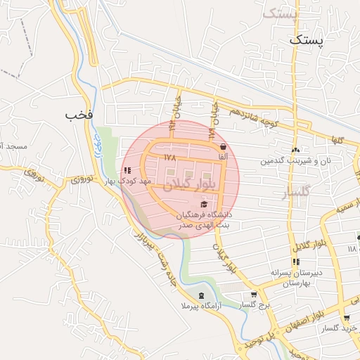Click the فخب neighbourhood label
coord(79,114)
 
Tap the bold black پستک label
coord(308,40)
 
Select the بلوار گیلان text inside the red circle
coord(186,186)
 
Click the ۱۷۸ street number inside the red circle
coord(168,157)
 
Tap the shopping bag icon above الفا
coord(223,147)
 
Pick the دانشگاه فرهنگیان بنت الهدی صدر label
coord(204,218)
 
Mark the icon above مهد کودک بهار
coord(127,170)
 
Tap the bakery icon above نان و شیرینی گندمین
coord(296,150)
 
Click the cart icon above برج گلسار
coord(254,295)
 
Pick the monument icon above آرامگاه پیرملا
coord(202,295)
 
